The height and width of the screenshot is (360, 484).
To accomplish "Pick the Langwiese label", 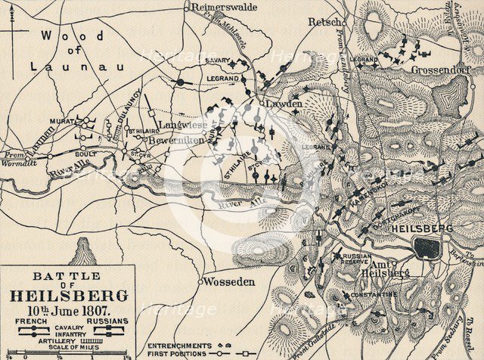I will [178, 123].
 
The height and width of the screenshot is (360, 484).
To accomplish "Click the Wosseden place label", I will [231, 281].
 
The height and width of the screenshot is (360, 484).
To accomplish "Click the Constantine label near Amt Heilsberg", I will [373, 293].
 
